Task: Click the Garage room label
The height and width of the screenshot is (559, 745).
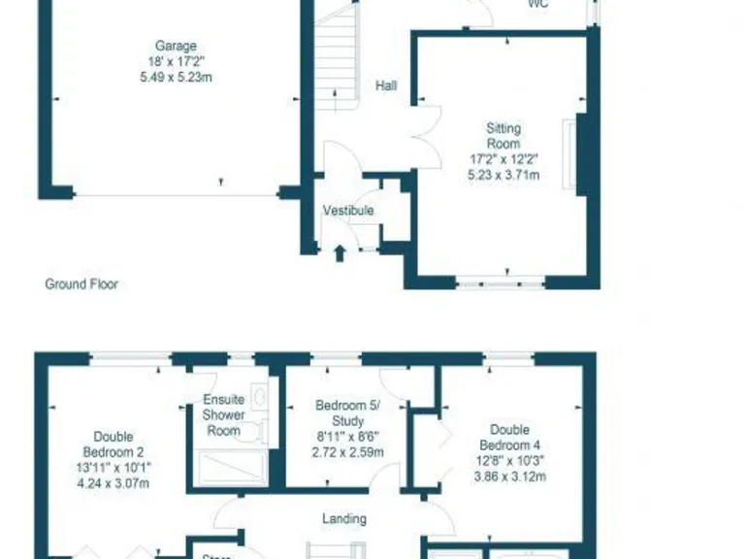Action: tap(176, 46)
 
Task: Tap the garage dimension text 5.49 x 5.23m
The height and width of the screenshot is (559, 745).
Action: tap(176, 76)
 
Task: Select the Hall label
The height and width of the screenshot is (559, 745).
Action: tap(386, 85)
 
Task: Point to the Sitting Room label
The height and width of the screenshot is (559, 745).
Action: tap(503, 136)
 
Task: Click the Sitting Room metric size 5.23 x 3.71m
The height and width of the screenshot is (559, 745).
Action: tap(503, 176)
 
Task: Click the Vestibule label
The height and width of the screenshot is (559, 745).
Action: tap(348, 210)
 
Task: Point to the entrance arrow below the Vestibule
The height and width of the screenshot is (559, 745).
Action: tap(340, 253)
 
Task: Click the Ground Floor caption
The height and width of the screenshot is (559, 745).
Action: tap(81, 284)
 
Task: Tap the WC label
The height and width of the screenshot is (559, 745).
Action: tap(538, 4)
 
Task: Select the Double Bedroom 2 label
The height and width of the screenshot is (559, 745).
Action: tap(113, 444)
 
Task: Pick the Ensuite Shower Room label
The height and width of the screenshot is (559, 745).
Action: tap(222, 415)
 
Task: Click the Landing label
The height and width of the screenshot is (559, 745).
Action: tap(344, 519)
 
